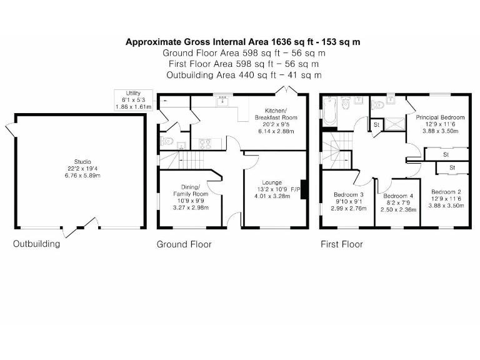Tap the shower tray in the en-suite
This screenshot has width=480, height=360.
click(x=395, y=121)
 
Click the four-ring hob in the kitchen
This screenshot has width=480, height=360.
click(x=205, y=144)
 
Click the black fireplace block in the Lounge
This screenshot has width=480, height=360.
click(x=304, y=189)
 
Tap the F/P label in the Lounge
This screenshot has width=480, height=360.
click(x=296, y=189)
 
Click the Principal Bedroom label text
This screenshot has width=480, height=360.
click(x=440, y=117)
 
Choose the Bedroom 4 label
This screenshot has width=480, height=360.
click(x=398, y=196)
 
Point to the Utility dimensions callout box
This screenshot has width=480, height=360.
click(x=134, y=99)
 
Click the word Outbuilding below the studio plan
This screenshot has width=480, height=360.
click(x=37, y=244)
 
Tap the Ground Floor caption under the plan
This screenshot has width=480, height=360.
click(x=184, y=244)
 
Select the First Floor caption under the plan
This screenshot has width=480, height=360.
click(x=341, y=244)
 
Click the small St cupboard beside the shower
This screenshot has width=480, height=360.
click(x=376, y=125)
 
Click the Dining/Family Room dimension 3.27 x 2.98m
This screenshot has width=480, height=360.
click(x=191, y=207)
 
